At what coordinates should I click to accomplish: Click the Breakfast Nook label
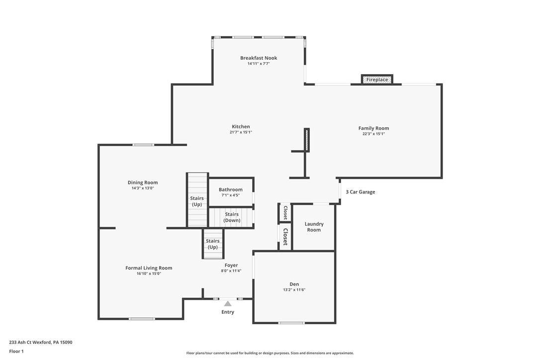click(259, 58)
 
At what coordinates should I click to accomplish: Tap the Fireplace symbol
click(377, 80)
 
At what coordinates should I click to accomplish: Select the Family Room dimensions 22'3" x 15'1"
click(373, 134)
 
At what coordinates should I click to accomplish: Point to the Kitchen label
click(241, 127)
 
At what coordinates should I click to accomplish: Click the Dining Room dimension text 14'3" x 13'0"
click(143, 188)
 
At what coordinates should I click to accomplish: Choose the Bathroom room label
click(231, 189)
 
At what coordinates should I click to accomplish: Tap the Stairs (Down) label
click(232, 217)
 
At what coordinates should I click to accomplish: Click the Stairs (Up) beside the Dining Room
click(197, 201)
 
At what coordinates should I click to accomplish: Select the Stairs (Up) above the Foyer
click(213, 244)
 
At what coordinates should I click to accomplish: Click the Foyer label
click(231, 266)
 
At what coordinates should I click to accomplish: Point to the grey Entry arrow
click(228, 303)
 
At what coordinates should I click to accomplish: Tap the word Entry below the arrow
click(228, 312)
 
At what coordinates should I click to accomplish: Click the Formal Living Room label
click(149, 268)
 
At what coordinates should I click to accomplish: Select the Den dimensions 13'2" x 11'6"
click(294, 290)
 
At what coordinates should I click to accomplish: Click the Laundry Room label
click(314, 227)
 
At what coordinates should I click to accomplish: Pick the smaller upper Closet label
click(285, 213)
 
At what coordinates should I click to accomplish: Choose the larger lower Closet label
click(285, 237)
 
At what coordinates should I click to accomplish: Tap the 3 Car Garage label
click(360, 192)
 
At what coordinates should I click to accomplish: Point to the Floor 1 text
click(16, 352)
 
